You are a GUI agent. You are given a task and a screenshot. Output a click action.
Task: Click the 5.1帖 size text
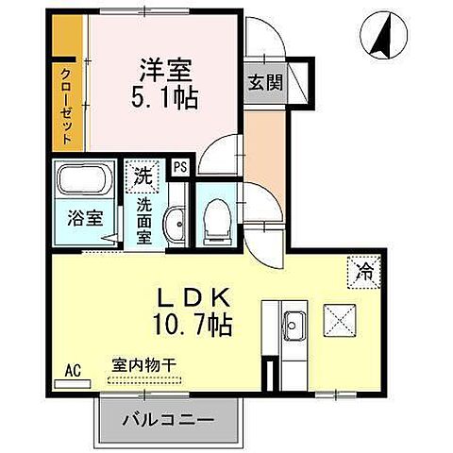pyautogui.click(x=165, y=96)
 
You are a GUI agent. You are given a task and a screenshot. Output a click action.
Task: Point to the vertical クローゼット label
pyautogui.click(x=66, y=105)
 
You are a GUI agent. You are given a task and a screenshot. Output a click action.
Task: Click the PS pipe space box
pyautogui.click(x=179, y=168)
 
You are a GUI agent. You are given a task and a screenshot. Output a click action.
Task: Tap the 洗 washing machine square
pyautogui.click(x=143, y=175)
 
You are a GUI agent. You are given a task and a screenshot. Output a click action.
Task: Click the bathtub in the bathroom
pyautogui.click(x=86, y=181)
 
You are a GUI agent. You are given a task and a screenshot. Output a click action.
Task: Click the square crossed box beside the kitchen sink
pyautogui.click(x=340, y=318)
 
